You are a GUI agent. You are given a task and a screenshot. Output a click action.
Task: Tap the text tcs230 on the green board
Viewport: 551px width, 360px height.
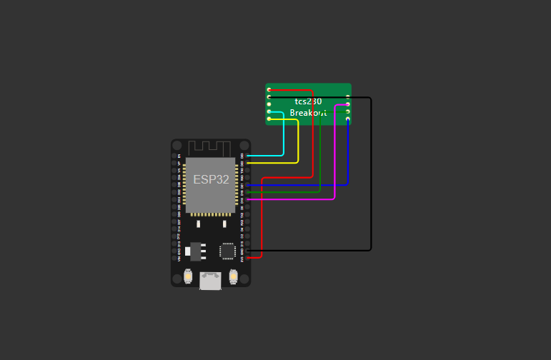[x=308, y=101]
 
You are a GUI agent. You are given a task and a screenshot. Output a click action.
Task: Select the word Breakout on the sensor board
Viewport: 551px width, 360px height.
[x=308, y=113]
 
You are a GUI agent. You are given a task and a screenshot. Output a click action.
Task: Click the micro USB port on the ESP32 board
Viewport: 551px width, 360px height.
[x=210, y=281]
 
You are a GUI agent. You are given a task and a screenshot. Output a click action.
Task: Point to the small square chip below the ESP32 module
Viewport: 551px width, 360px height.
[x=227, y=251]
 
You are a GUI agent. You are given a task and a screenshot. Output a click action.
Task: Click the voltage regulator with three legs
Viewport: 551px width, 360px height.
[x=195, y=251]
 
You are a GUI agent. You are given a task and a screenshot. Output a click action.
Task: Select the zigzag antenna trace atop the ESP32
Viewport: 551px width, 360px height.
[x=211, y=147]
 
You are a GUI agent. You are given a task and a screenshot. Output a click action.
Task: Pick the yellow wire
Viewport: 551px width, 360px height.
[x=298, y=143]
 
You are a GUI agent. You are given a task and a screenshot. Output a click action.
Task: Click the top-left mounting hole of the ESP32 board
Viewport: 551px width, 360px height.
[x=177, y=145]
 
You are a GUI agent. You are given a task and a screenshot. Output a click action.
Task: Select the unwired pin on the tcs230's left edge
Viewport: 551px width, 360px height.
[x=269, y=104]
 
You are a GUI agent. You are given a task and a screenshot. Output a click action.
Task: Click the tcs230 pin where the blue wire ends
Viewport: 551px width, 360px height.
[x=348, y=119]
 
